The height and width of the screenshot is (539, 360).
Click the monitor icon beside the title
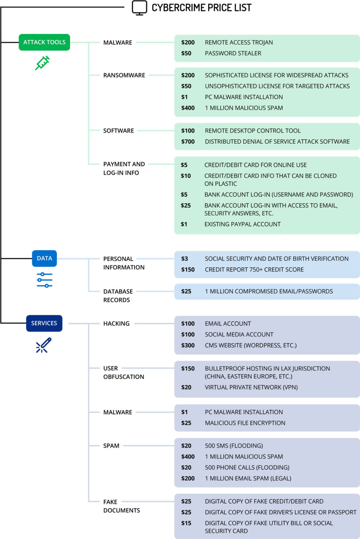coord(139,7)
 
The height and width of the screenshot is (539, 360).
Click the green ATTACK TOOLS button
coord(44,42)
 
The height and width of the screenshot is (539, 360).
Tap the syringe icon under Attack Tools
coord(43,63)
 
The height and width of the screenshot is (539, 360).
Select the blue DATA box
coord(44,258)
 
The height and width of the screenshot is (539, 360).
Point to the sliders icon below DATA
coord(45,280)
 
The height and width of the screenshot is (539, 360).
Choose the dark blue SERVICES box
coord(44,323)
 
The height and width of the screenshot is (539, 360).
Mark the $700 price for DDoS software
coord(188,141)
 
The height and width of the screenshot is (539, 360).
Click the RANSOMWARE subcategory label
coord(124,75)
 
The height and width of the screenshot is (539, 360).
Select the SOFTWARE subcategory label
coord(118,131)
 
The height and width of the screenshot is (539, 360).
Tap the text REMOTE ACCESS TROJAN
coord(239,43)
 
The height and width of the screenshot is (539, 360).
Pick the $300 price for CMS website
coord(188,345)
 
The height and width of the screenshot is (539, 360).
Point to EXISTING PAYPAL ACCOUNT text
coord(242,224)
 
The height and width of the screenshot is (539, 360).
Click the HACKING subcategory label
coord(116,323)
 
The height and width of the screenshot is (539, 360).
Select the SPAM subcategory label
coord(111,446)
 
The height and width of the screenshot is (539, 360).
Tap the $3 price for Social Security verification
coord(185,259)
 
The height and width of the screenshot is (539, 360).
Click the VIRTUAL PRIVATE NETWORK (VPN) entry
coord(251,387)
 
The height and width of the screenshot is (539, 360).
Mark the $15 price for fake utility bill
coord(186,523)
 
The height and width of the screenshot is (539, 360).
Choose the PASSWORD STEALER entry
coord(233,53)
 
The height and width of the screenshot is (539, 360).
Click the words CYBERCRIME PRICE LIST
coord(201,8)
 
